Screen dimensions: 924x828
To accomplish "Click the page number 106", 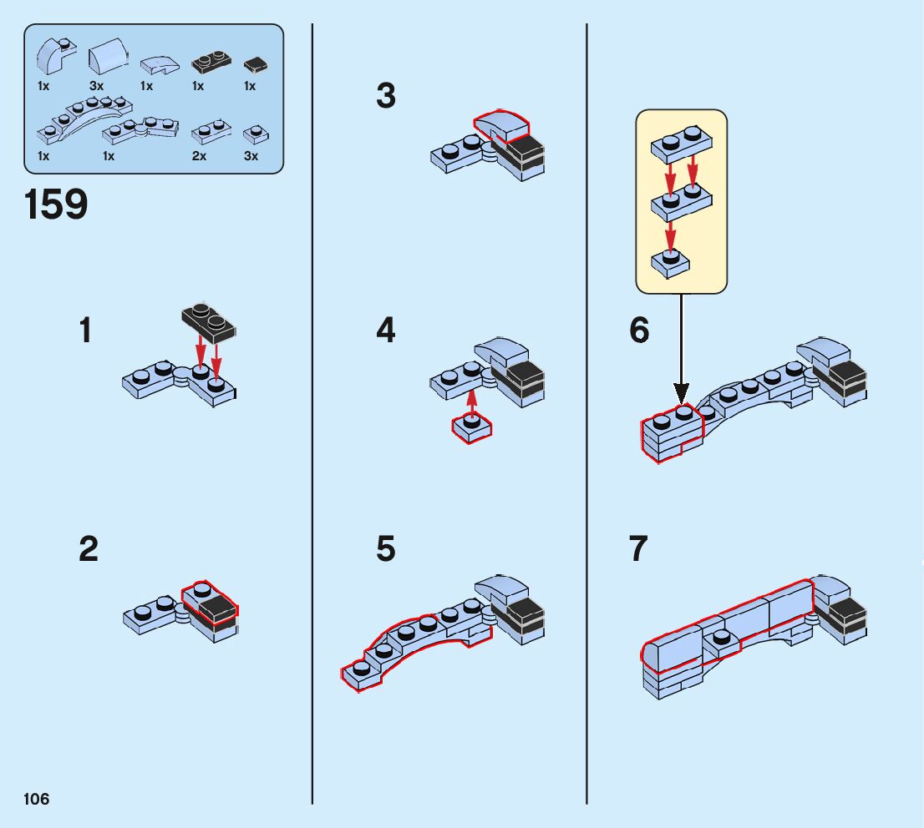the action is coord(37,800).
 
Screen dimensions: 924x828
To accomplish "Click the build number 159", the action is coord(56,204).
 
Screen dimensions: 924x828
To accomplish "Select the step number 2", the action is coord(89,550).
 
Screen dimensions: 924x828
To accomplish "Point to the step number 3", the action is coord(385,97).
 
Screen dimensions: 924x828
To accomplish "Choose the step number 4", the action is coord(385,332).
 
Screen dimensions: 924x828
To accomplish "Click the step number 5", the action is coord(385,550).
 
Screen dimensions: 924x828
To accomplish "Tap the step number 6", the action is coord(639,332).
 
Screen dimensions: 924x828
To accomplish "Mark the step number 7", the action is coord(639,550).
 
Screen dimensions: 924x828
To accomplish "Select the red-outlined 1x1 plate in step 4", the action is coord(471,428).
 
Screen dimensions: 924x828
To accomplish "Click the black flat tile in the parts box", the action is coord(254,64).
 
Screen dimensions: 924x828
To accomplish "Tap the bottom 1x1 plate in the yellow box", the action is coord(669,265).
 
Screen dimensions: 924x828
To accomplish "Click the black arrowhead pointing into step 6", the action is coord(681,391).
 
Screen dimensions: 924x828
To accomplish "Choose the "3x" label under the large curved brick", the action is coord(96,86).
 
